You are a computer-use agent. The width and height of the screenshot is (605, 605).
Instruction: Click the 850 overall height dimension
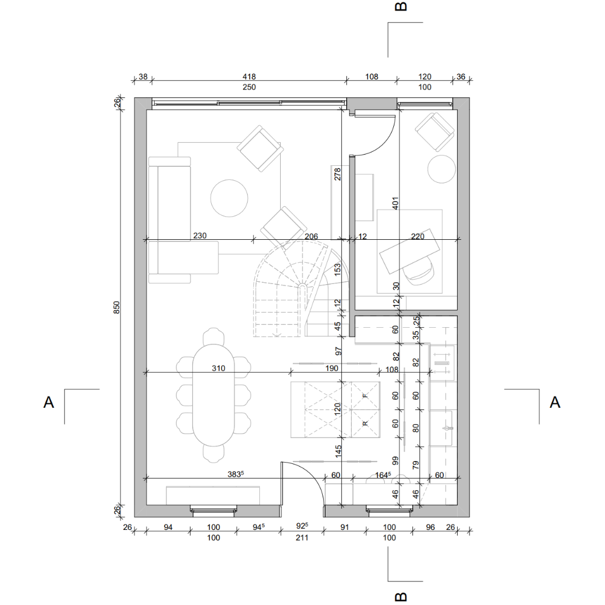[117, 307]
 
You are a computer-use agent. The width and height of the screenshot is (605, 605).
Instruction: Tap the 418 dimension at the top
[249, 77]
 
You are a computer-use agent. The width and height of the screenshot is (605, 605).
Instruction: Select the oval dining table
[213, 395]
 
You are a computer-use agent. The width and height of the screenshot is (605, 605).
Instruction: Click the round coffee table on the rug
[229, 198]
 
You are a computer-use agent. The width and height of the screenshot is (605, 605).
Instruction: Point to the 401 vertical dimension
[395, 203]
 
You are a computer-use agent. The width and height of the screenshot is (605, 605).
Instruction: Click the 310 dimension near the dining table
[218, 368]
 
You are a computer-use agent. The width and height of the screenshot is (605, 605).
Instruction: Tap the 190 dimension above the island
[332, 368]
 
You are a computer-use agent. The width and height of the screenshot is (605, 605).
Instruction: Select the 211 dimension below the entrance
[302, 537]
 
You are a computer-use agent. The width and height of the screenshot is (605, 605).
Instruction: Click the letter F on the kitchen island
[365, 396]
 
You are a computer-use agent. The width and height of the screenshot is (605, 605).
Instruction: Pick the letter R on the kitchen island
[365, 424]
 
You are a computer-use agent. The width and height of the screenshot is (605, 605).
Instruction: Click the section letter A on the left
[49, 402]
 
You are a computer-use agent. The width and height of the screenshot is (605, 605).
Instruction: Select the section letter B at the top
[401, 6]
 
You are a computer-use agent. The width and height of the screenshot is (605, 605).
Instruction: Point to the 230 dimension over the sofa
[200, 235]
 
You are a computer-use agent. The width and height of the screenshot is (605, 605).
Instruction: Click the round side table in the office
[442, 169]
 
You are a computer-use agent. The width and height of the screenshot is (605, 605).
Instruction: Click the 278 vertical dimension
[338, 174]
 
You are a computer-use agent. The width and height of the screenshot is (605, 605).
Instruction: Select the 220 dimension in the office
[417, 236]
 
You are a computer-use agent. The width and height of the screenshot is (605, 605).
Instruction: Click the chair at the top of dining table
[213, 336]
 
